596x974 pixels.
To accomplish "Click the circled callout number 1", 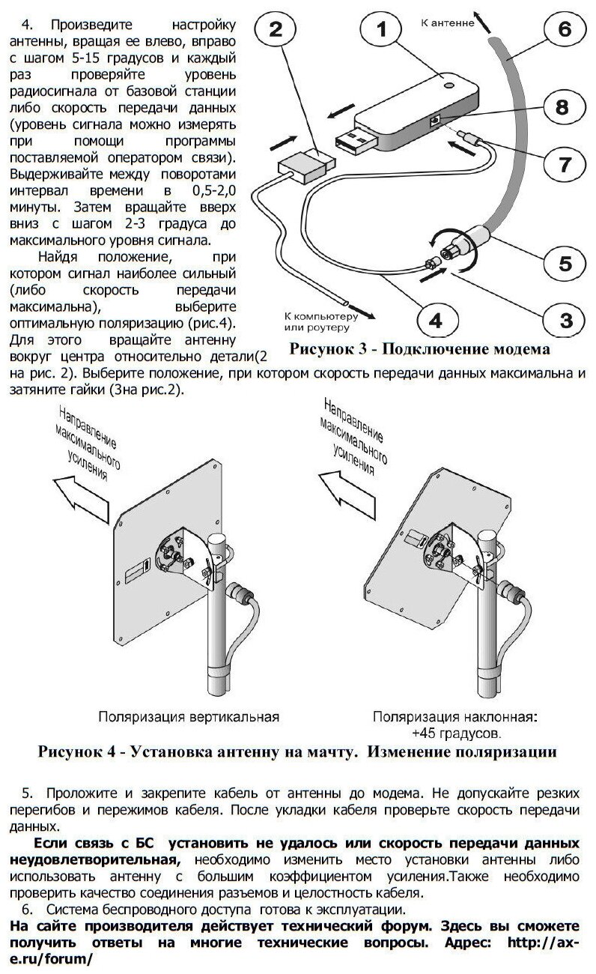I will (382, 31).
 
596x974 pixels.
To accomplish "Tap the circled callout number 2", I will (276, 31).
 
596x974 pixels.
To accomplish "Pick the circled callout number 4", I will (437, 321).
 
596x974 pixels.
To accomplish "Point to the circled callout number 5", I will (563, 264).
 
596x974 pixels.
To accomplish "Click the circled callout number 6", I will (564, 30).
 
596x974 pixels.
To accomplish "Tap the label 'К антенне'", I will (448, 23).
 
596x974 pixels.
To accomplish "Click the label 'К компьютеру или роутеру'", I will (317, 321).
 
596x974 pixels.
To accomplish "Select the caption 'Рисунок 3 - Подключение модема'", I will (419, 348).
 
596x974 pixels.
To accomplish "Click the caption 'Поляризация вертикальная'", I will (189, 717).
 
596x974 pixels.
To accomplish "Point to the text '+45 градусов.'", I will (456, 732).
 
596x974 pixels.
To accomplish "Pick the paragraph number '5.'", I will (28, 793).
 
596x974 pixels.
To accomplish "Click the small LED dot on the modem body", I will (449, 85).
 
